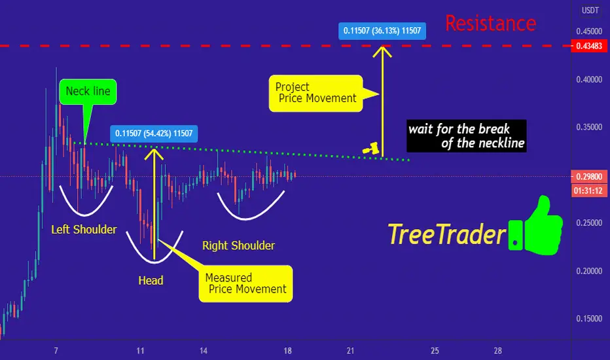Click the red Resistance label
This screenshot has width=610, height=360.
pos(491,24)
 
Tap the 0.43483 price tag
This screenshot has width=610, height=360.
pos(589,46)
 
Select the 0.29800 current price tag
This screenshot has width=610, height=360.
pos(589,177)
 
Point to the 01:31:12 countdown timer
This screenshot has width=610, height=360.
pos(589,190)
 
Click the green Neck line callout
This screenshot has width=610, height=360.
pos(88,92)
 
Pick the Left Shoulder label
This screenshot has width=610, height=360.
pos(84,230)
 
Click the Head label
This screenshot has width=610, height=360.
pos(151,281)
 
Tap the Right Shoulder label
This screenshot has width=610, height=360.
pos(238,245)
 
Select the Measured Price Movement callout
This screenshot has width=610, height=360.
pos(245,283)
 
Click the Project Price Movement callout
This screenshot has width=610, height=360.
pos(315,94)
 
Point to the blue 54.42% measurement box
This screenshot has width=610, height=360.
pos(154,134)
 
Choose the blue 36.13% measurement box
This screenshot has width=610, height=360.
pos(382,31)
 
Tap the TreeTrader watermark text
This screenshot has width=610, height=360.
pos(446,235)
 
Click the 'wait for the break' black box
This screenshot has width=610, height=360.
pos(467,136)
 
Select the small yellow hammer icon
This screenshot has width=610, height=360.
pos(371,149)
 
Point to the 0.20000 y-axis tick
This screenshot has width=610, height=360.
pos(589,271)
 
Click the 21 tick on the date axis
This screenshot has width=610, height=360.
pos(351,351)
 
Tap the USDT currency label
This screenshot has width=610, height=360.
pos(590,10)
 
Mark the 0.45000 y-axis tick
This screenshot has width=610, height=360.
pos(589,31)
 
